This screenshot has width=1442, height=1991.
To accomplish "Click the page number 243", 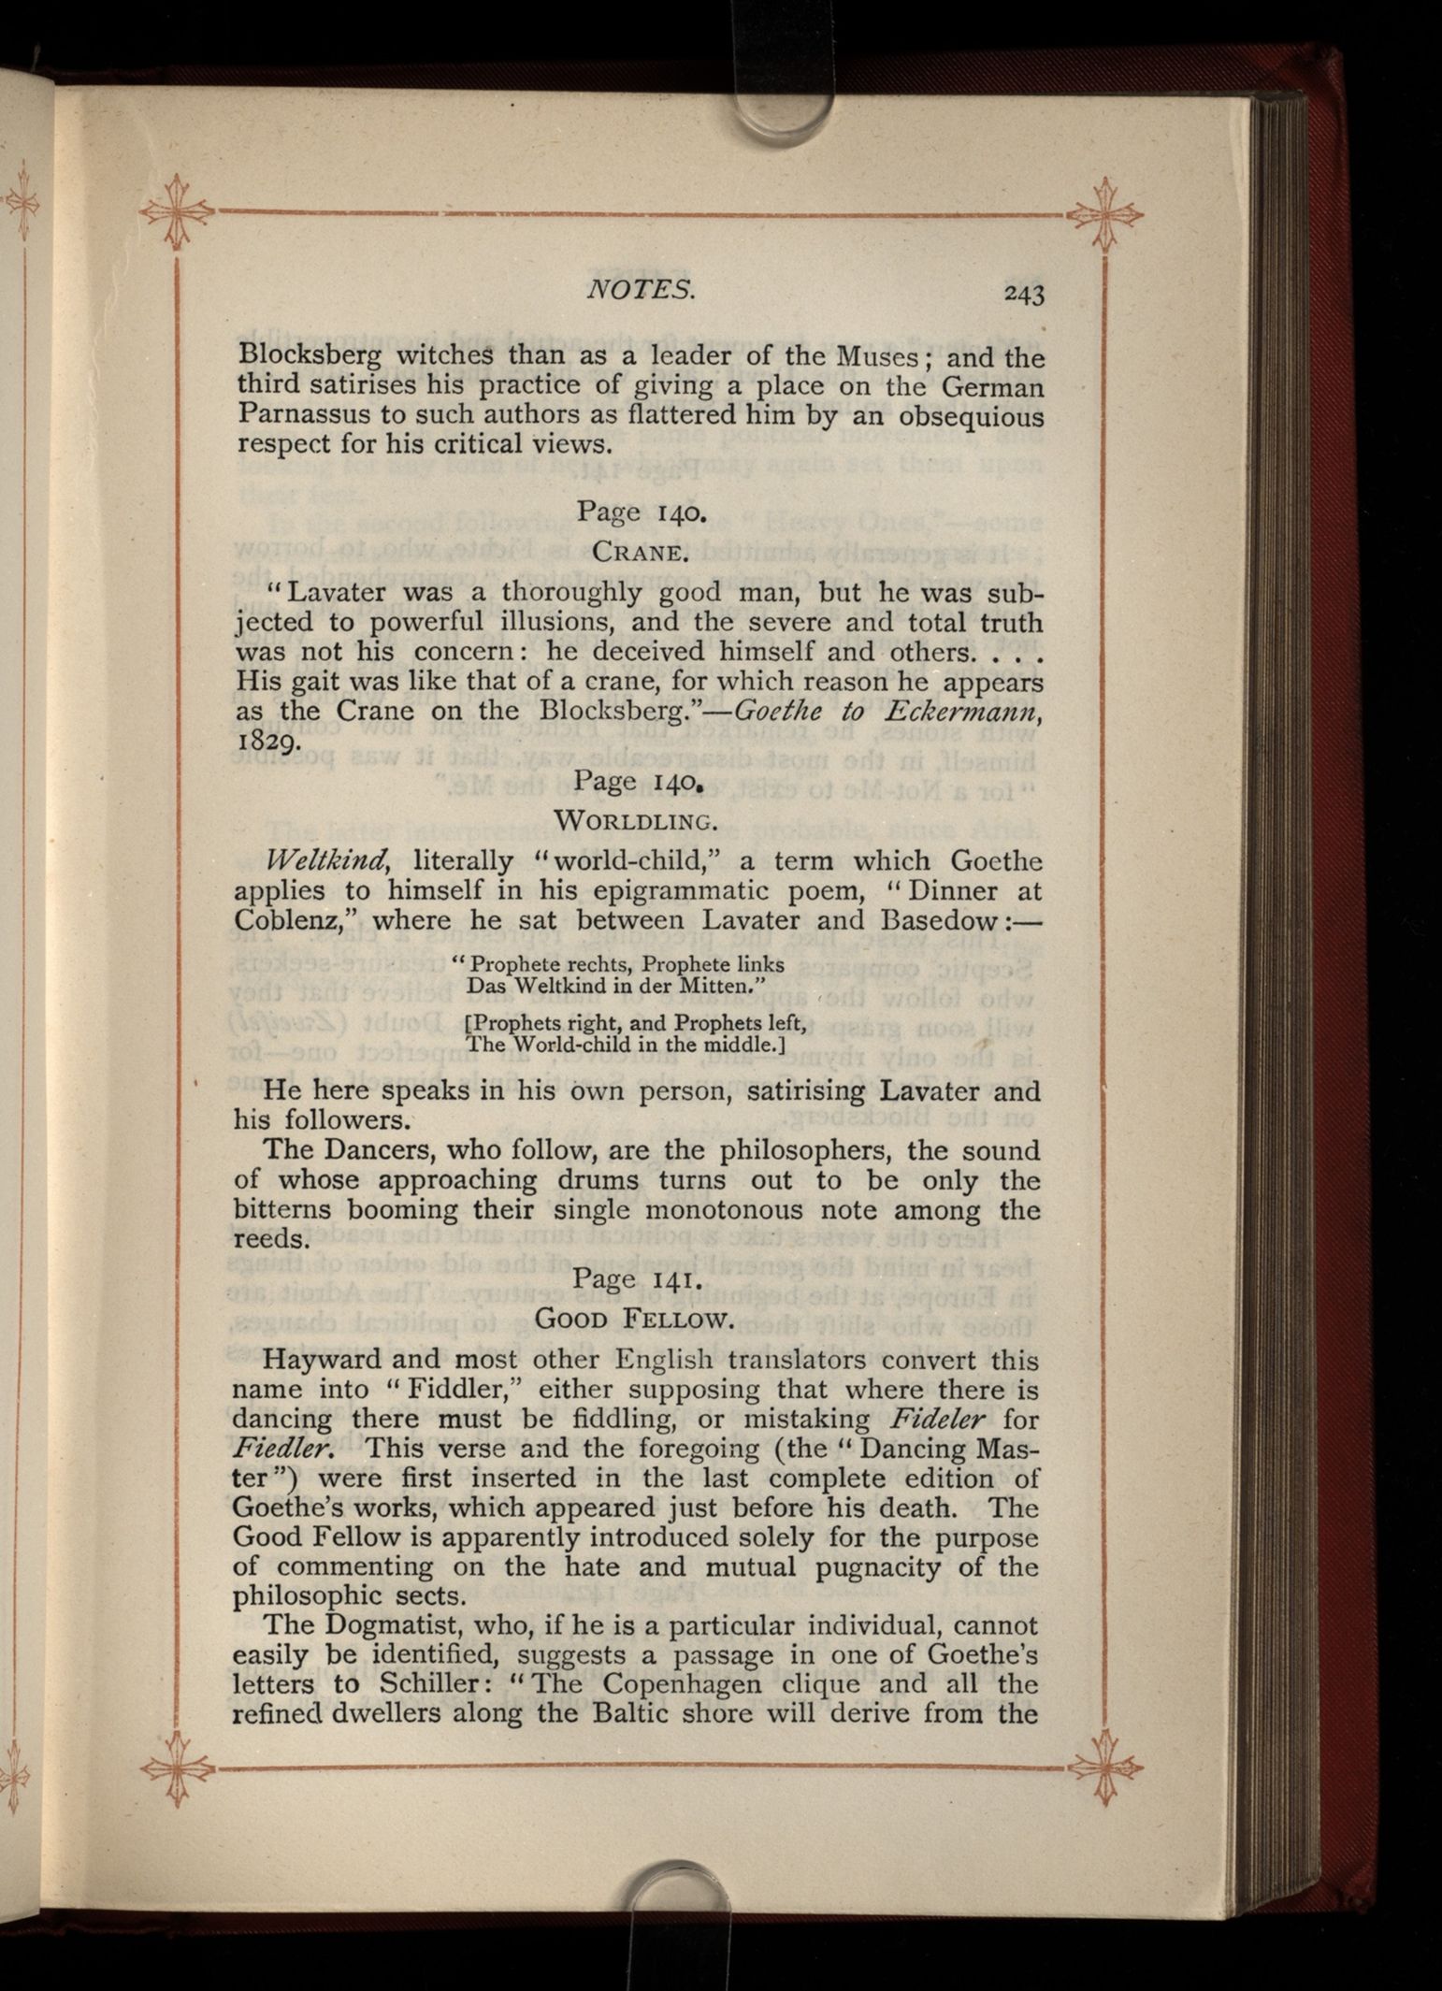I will coord(1023,295).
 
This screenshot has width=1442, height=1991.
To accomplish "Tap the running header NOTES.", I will coord(641,290).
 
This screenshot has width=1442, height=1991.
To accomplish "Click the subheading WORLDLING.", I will coord(636,821).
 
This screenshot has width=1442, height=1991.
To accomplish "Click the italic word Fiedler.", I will coord(285,1448).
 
